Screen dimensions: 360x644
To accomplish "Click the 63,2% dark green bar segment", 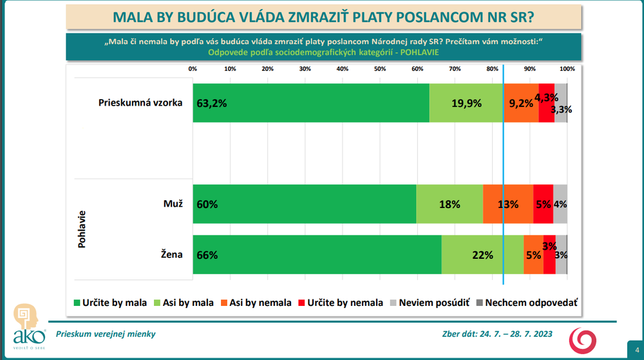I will (x=310, y=103).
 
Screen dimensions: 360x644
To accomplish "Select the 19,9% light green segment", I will (x=466, y=103).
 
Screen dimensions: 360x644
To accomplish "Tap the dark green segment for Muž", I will (x=304, y=204).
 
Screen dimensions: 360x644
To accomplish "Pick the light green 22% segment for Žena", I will (x=482, y=254).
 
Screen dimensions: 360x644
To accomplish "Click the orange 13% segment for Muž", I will (x=508, y=204).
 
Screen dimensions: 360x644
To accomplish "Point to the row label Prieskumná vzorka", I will (x=140, y=103).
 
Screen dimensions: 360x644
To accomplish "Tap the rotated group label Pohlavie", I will (x=82, y=230).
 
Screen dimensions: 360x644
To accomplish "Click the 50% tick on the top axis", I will (x=380, y=69).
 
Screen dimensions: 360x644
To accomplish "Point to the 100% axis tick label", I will (x=567, y=69).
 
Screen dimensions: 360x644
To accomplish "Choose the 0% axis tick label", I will (x=193, y=69).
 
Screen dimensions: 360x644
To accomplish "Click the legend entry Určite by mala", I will (x=111, y=303).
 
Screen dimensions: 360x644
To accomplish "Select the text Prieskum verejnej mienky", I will (x=106, y=334).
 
